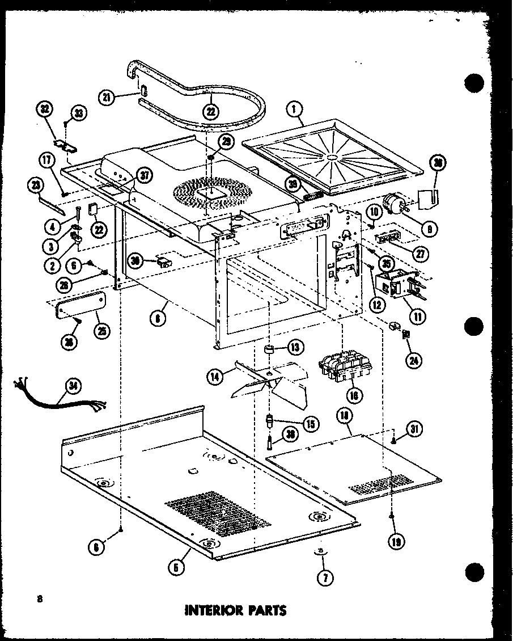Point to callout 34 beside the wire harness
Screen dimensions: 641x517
coord(73,387)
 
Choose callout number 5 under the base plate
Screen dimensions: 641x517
coord(177,566)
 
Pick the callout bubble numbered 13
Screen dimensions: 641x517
coord(295,347)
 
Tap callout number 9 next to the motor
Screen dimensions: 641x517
coord(428,229)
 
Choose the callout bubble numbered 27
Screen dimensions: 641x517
coord(420,254)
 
